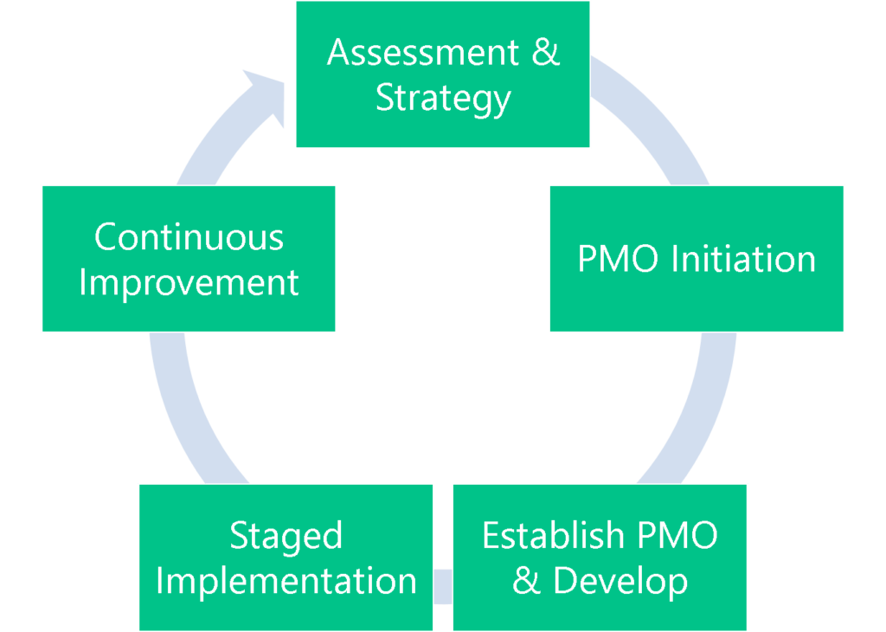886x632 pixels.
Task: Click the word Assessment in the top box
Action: click(x=421, y=53)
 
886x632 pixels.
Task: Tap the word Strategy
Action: click(x=443, y=98)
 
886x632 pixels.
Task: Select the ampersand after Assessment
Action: click(x=545, y=53)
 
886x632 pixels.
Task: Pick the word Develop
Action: click(x=620, y=581)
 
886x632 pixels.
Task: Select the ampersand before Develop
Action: click(x=525, y=581)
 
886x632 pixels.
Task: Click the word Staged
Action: click(x=286, y=536)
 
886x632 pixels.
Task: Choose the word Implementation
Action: click(x=286, y=581)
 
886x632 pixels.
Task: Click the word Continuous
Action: click(x=189, y=237)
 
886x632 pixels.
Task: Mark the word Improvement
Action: click(x=189, y=282)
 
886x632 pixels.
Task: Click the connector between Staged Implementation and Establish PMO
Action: click(x=442, y=585)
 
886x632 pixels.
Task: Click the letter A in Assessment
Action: click(x=338, y=53)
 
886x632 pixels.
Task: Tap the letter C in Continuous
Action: click(x=106, y=237)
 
